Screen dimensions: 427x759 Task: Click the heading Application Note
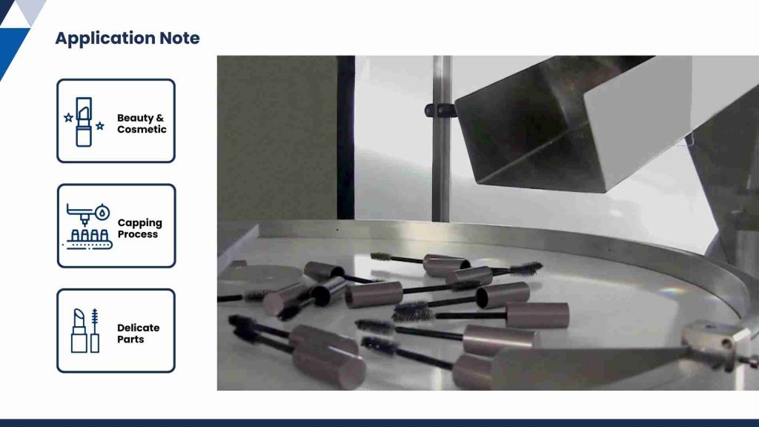[127, 39]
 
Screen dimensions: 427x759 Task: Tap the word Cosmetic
[142, 129]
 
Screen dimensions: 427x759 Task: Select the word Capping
[139, 222]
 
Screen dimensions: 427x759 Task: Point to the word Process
[138, 234]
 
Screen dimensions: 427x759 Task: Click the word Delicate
[138, 328]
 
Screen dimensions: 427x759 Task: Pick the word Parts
[130, 340]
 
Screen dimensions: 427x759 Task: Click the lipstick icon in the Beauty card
[83, 122]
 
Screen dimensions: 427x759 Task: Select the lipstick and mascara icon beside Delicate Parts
[85, 331]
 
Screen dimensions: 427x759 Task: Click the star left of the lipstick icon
[68, 117]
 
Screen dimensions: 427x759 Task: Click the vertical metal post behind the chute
[441, 171]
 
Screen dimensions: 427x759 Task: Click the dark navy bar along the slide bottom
[379, 423]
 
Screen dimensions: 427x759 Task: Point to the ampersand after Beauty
[160, 118]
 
